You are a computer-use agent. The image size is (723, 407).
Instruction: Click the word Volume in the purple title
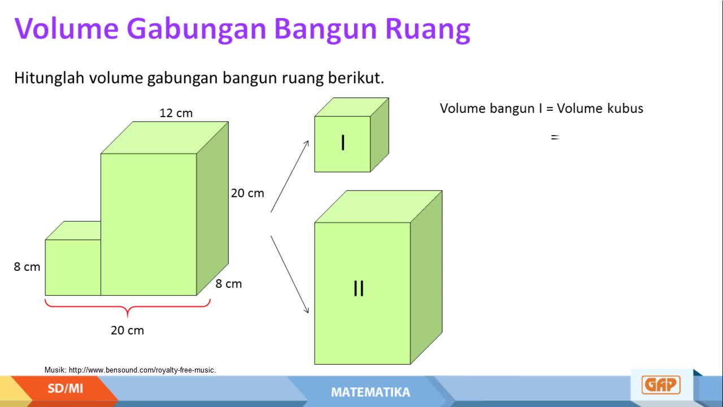[x=67, y=28]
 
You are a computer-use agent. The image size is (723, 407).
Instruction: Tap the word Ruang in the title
[x=428, y=30]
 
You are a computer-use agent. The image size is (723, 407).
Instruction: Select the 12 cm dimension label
[x=176, y=113]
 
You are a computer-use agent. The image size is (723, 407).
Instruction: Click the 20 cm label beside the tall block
[x=247, y=193]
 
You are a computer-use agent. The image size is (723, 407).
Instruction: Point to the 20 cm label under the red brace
[x=127, y=330]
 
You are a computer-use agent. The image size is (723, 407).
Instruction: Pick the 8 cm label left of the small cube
[x=27, y=267]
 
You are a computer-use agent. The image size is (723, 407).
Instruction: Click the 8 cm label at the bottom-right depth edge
[x=229, y=284]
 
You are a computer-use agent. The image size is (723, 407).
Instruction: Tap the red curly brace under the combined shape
[x=128, y=306]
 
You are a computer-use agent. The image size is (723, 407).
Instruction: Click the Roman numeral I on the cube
[x=343, y=143]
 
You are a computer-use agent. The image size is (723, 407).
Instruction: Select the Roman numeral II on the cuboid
[x=359, y=288]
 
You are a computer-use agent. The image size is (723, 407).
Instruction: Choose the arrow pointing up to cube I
[x=290, y=176]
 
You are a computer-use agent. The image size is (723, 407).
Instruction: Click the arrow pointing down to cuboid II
[x=290, y=275]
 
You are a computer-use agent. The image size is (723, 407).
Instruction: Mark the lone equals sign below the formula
[x=555, y=137]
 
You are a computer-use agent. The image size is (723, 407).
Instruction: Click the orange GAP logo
[x=661, y=385]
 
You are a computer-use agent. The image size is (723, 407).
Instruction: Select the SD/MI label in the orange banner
[x=65, y=388]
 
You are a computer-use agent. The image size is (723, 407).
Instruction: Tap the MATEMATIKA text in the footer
[x=371, y=392]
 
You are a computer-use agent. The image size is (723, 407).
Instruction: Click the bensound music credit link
[x=142, y=370]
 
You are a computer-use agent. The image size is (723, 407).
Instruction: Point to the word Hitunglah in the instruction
[x=49, y=78]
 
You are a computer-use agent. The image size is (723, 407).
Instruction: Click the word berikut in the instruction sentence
[x=356, y=78]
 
